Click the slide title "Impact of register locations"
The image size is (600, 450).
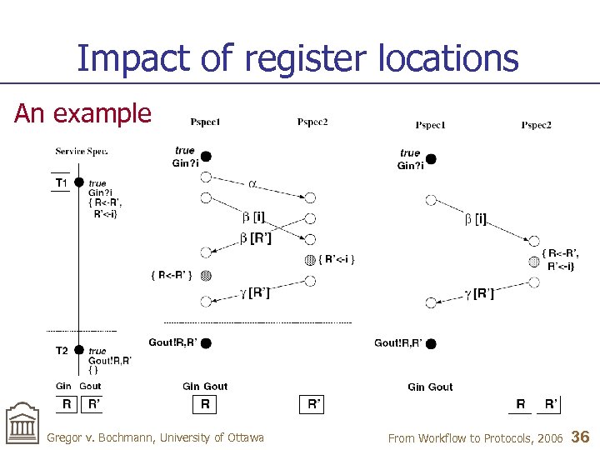pyautogui.click(x=297, y=58)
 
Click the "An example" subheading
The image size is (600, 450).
pyautogui.click(x=82, y=113)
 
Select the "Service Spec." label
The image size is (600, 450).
pyautogui.click(x=82, y=151)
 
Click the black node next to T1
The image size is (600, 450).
pyautogui.click(x=78, y=182)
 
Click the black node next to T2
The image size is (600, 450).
pyautogui.click(x=78, y=350)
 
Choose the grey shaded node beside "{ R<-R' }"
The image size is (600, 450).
pyautogui.click(x=206, y=275)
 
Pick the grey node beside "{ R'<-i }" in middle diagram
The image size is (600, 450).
pyautogui.click(x=310, y=259)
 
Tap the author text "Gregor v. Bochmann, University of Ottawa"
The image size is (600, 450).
pyautogui.click(x=155, y=437)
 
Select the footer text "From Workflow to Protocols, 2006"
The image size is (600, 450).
pyautogui.click(x=475, y=437)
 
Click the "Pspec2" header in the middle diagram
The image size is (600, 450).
pyautogui.click(x=312, y=122)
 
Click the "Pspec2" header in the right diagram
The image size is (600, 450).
pyautogui.click(x=536, y=125)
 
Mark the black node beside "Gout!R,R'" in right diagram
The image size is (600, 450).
pyautogui.click(x=431, y=342)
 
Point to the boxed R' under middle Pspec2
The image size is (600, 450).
pyautogui.click(x=313, y=405)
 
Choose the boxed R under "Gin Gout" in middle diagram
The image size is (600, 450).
pyautogui.click(x=205, y=405)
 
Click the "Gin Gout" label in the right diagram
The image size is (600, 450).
pyautogui.click(x=430, y=387)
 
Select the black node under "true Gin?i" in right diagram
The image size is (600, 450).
pyautogui.click(x=431, y=158)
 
